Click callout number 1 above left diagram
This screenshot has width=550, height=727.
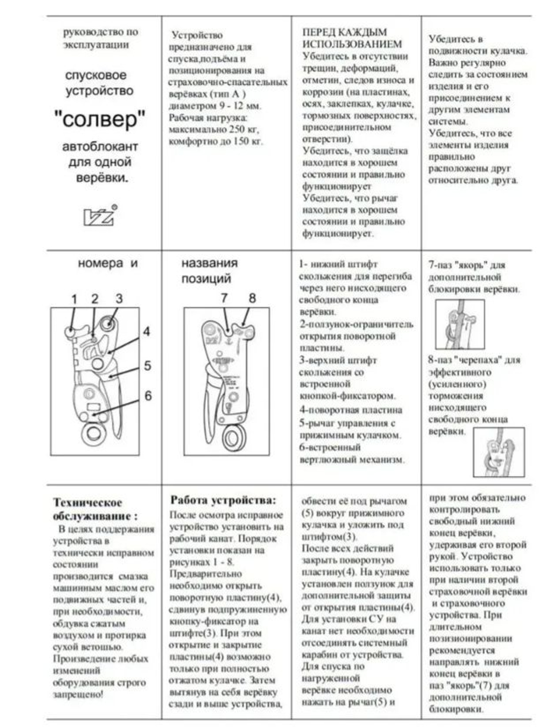(74, 299)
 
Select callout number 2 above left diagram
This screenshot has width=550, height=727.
(95, 299)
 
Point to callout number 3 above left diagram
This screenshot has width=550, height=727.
(119, 299)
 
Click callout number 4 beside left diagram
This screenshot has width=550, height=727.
(146, 332)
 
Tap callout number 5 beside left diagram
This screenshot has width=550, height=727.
(147, 365)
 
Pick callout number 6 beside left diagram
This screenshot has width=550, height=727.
(147, 395)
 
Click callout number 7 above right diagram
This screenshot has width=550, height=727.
(224, 298)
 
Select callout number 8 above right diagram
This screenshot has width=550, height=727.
(252, 298)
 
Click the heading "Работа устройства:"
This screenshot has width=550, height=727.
(223, 500)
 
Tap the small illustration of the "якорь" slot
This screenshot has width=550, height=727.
(459, 324)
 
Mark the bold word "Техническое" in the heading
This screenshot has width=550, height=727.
(87, 502)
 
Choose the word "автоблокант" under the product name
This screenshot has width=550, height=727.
(100, 147)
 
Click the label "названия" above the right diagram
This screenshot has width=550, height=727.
(210, 263)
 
